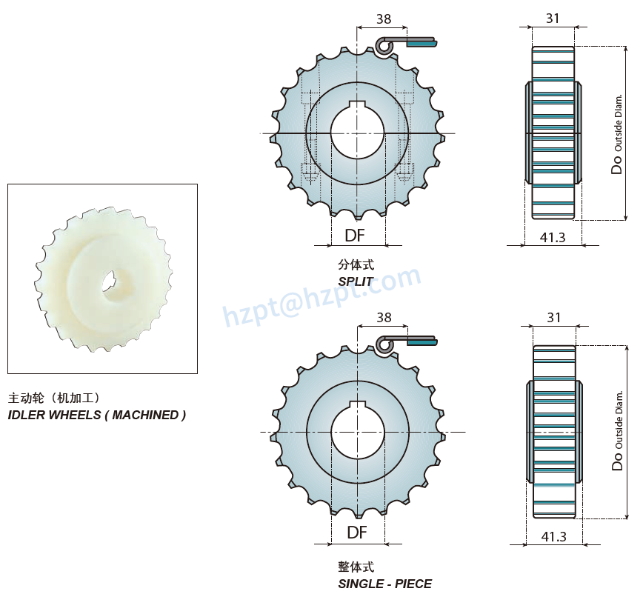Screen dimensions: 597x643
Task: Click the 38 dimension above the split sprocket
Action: pyautogui.click(x=383, y=19)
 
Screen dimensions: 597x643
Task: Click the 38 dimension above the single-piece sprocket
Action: pyautogui.click(x=383, y=317)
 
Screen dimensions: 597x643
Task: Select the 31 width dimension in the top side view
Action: pyautogui.click(x=553, y=19)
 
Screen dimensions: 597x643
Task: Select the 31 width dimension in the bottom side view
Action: pyautogui.click(x=553, y=317)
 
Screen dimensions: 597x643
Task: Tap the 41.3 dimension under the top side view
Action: pyautogui.click(x=553, y=237)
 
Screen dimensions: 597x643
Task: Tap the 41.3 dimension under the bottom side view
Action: pyautogui.click(x=553, y=536)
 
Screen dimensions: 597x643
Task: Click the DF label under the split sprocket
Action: pyautogui.click(x=355, y=236)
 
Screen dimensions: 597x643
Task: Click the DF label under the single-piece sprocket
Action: pyautogui.click(x=357, y=532)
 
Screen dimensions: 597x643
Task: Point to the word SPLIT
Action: pyautogui.click(x=356, y=281)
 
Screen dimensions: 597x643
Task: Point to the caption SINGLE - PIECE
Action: pyautogui.click(x=384, y=584)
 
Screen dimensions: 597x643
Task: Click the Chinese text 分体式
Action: pyautogui.click(x=356, y=264)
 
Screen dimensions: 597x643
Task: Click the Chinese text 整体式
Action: pyautogui.click(x=356, y=567)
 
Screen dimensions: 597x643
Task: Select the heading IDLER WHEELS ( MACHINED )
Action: pyautogui.click(x=97, y=415)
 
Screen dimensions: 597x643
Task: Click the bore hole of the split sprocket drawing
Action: pyautogui.click(x=357, y=133)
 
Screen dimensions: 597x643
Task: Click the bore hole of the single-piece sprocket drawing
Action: pyautogui.click(x=357, y=431)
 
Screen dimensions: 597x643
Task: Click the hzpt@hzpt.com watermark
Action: pyautogui.click(x=322, y=296)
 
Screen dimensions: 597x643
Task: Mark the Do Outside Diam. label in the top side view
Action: pyautogui.click(x=618, y=133)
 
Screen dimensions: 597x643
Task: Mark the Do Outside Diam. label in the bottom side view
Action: pyautogui.click(x=618, y=431)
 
